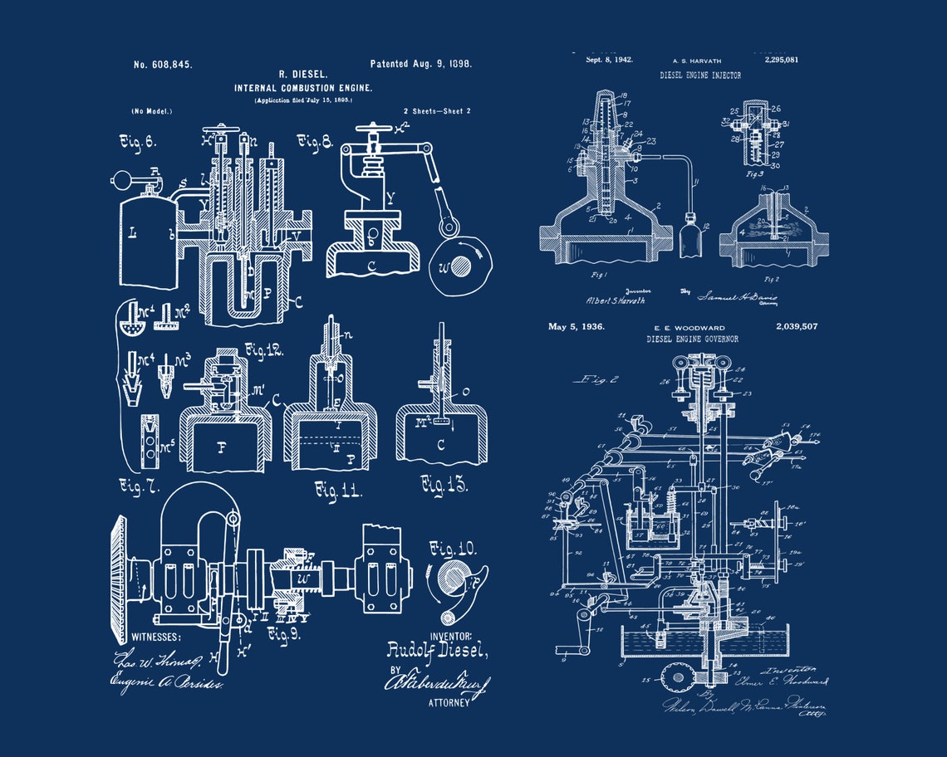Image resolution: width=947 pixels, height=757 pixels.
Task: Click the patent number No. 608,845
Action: (163, 65)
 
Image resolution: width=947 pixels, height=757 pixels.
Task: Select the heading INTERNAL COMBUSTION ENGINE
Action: (303, 88)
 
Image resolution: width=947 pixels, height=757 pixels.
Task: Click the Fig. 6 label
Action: (138, 142)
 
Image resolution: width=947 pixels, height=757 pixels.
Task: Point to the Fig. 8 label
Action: (316, 142)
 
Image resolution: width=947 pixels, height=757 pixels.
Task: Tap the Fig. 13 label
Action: (444, 484)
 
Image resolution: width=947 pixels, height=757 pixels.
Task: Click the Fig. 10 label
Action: (453, 549)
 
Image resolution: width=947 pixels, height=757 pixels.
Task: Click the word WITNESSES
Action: (155, 637)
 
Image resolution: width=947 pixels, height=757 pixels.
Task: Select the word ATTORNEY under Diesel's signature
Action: (449, 702)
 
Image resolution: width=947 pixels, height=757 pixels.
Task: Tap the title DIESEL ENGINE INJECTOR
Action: (700, 76)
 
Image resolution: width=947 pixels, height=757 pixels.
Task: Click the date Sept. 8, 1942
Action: (609, 60)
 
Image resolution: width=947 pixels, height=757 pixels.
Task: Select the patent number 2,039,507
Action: (796, 327)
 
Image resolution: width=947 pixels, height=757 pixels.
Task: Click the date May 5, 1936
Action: (576, 327)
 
